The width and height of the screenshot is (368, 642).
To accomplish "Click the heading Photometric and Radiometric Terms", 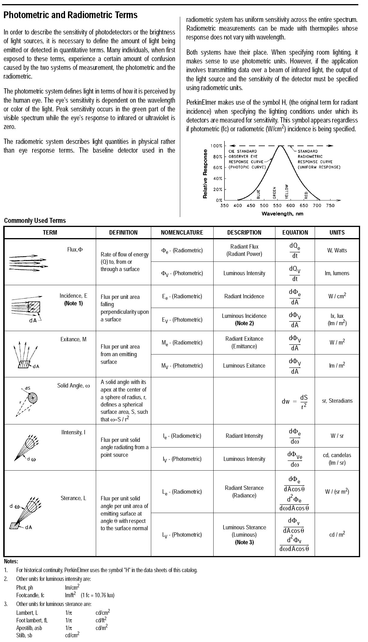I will pyautogui.click(x=70, y=15).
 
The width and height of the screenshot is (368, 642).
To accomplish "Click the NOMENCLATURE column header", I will pyautogui.click(x=182, y=233).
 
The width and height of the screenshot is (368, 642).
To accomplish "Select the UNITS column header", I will pyautogui.click(x=337, y=233).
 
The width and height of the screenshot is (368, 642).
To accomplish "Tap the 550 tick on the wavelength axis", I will pyautogui.click(x=277, y=206).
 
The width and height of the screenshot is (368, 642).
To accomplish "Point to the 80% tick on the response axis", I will pyautogui.click(x=217, y=157).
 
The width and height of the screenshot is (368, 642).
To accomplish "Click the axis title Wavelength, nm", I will pyautogui.click(x=282, y=214).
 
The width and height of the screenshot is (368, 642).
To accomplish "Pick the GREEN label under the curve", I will pyautogui.click(x=275, y=193).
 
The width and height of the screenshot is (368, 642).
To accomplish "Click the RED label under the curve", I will pyautogui.click(x=306, y=195).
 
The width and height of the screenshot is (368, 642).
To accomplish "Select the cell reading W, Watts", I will pyautogui.click(x=337, y=250).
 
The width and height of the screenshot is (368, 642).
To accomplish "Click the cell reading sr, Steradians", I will pyautogui.click(x=337, y=401).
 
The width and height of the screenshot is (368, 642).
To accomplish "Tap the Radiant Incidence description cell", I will pyautogui.click(x=244, y=296).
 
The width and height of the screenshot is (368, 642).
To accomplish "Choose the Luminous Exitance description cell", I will pyautogui.click(x=244, y=366).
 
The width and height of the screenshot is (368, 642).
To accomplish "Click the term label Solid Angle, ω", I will pyautogui.click(x=74, y=386).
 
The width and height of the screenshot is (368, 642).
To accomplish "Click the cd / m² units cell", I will pyautogui.click(x=337, y=535).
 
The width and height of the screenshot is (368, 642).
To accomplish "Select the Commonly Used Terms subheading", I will pyautogui.click(x=35, y=221).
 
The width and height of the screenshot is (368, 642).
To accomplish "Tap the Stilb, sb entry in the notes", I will pyautogui.click(x=24, y=635).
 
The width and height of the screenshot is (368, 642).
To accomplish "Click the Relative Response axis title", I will pyautogui.click(x=205, y=174).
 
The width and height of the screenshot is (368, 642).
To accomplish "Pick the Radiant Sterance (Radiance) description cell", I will pyautogui.click(x=244, y=492).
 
